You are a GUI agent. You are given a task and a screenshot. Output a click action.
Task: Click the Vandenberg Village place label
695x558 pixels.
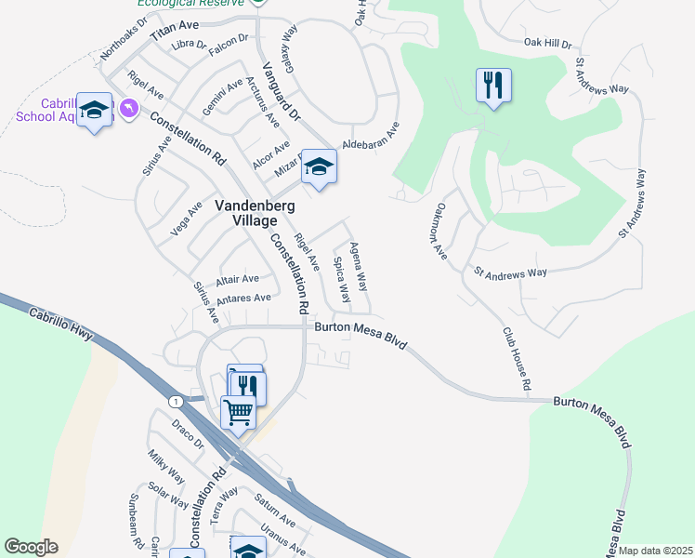246,213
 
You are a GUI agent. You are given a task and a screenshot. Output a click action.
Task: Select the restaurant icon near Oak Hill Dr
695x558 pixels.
493,86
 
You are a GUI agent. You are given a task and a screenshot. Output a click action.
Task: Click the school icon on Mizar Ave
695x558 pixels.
319,167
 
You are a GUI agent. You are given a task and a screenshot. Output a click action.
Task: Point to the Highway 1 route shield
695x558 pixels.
174,401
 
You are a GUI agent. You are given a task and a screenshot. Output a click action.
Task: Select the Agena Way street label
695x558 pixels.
359,264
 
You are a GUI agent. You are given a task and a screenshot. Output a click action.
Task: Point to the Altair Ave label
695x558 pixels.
237,279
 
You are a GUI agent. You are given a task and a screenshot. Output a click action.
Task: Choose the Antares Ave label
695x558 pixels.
243,298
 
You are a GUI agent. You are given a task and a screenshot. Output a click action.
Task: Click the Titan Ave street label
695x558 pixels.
176,29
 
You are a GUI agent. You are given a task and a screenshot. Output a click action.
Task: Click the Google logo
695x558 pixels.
31,547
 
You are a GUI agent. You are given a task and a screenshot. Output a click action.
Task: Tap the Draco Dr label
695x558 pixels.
188,434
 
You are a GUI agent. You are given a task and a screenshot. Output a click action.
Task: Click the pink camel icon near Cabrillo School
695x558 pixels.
128,109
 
